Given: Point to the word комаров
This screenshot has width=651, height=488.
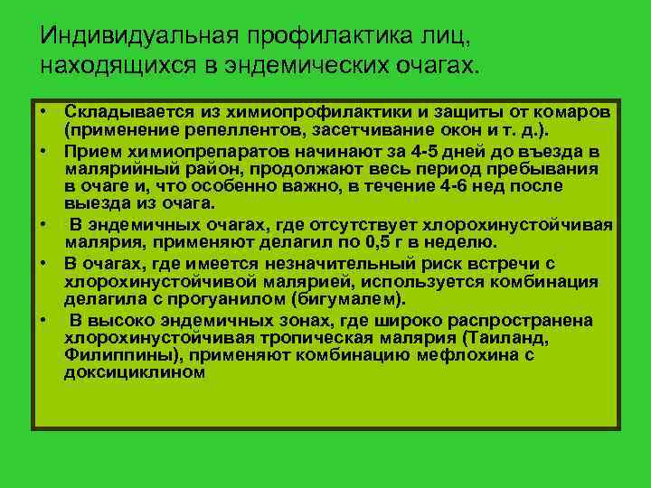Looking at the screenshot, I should [x=574, y=111].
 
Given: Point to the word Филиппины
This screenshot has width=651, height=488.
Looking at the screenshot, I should [x=109, y=355].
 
